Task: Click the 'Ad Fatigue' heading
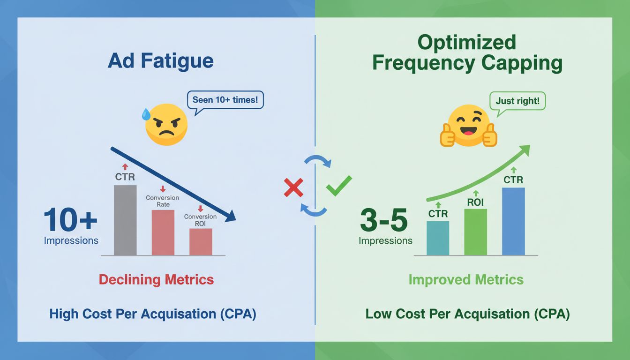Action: point(160,61)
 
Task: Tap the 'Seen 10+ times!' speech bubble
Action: point(225,100)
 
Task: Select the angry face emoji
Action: point(167,124)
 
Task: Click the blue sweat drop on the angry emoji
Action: point(147,113)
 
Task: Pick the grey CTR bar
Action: point(125,220)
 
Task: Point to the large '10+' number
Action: point(70,220)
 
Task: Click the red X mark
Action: point(293,187)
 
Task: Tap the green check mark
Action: point(338,186)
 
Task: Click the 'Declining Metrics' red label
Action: point(156,280)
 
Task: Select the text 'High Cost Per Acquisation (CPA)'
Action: point(153,314)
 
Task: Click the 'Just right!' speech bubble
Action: point(517,101)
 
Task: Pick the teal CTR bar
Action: point(438,238)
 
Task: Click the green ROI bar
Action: point(475,232)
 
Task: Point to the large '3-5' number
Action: point(384,221)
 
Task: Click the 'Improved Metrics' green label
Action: point(466,280)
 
